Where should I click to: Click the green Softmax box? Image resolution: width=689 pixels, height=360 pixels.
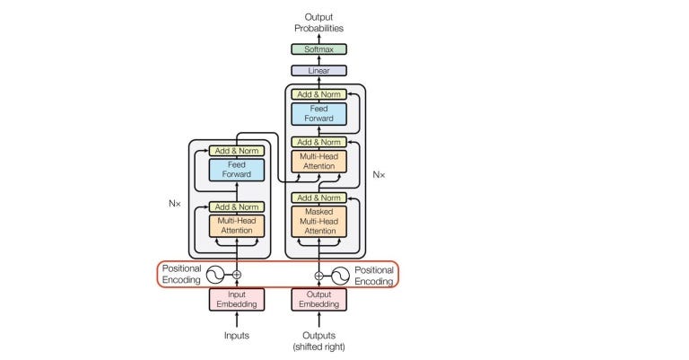[x=318, y=49]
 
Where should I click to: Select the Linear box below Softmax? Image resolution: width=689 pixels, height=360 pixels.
[x=318, y=70]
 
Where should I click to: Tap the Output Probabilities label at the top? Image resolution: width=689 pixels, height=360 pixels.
[x=318, y=22]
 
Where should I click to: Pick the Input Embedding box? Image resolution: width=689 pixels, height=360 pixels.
[x=237, y=299]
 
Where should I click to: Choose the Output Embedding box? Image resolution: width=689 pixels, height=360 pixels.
[x=318, y=299]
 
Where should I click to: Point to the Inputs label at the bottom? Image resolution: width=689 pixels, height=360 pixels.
[x=237, y=336]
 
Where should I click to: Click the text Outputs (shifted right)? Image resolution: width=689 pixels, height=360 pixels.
[x=318, y=341]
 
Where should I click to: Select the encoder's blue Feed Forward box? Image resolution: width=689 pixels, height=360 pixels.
[x=237, y=169]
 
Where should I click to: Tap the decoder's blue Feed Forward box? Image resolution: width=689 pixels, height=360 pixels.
[x=318, y=113]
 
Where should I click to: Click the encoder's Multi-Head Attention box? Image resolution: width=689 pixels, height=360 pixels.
[x=237, y=225]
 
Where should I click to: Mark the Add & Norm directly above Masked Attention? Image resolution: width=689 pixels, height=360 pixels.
[x=318, y=198]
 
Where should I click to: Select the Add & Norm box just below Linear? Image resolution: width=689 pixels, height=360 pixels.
[x=318, y=93]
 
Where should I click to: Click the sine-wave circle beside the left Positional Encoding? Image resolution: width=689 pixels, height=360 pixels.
[x=216, y=275]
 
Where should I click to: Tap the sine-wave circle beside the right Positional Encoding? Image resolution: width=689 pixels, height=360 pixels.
[x=339, y=275]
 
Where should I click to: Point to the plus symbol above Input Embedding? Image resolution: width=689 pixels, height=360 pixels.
[x=237, y=275]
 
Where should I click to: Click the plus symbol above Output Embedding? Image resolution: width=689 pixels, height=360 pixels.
[x=318, y=275]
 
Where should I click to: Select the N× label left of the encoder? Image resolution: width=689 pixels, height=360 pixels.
[x=175, y=204]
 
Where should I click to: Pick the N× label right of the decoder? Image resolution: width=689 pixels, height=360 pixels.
[x=379, y=173]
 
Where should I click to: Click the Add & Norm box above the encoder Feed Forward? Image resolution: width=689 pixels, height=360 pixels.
[x=237, y=151]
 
